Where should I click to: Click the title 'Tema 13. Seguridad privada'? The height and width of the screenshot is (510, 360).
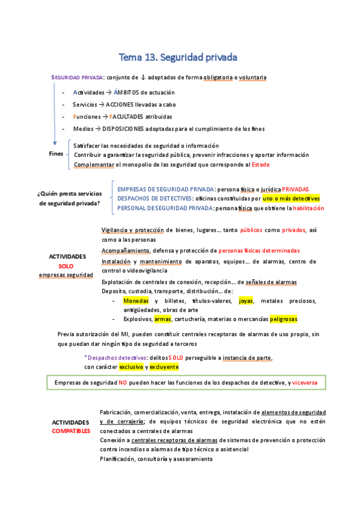tap(178, 58)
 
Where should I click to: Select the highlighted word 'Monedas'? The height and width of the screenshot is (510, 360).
tap(135, 301)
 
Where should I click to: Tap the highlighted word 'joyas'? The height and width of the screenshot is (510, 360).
tap(246, 301)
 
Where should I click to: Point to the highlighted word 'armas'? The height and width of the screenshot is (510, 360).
tap(162, 319)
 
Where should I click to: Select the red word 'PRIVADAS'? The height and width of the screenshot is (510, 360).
tap(295, 189)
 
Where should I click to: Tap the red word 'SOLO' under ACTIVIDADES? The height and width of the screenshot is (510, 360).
tap(66, 266)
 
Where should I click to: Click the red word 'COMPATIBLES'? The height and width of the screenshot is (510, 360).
tap(71, 431)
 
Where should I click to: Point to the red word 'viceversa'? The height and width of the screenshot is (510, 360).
tap(308, 382)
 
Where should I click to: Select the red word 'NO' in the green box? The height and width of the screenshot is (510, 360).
tap(122, 382)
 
